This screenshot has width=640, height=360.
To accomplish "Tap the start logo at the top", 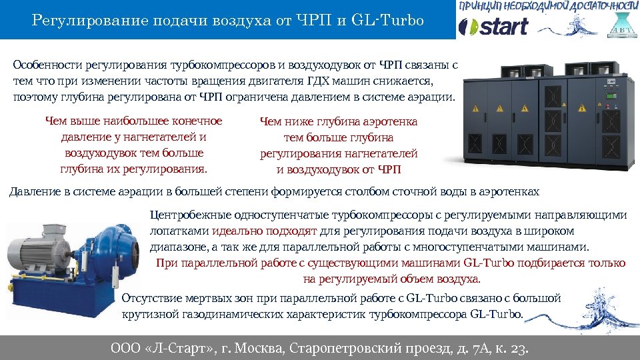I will coord(494,27).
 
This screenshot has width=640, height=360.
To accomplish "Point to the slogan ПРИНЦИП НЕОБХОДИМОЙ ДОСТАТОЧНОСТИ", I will coord(547,7).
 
